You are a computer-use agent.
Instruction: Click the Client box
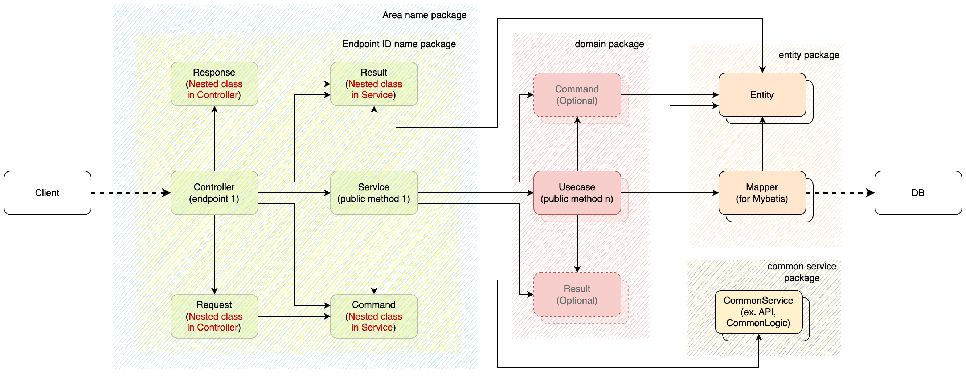[47, 193]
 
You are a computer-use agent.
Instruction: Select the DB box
[918, 193]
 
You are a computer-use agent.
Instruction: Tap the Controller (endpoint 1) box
[214, 193]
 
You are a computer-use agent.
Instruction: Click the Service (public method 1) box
[374, 193]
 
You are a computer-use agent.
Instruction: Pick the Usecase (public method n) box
[577, 193]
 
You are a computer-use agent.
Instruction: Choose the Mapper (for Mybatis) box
[762, 193]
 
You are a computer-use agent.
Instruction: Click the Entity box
[762, 95]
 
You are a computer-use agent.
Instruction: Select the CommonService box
[758, 312]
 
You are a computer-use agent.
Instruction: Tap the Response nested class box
[214, 84]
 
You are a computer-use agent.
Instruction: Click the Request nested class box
[214, 316]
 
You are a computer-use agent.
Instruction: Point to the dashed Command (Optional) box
[577, 95]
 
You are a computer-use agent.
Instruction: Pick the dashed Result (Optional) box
[577, 295]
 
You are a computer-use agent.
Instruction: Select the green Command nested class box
[374, 316]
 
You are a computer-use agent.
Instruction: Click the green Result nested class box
[374, 84]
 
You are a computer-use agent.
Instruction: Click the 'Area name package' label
[424, 15]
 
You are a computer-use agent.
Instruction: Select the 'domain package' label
[609, 44]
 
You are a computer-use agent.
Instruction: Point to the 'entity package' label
[809, 55]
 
